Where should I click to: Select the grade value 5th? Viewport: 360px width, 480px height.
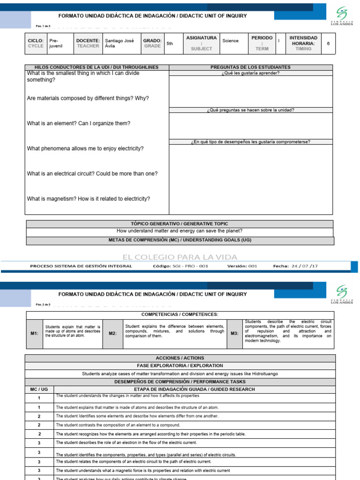pyautogui.click(x=170, y=44)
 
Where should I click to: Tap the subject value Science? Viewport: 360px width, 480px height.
pyautogui.click(x=230, y=41)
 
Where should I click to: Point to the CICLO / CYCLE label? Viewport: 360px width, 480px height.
pyautogui.click(x=36, y=43)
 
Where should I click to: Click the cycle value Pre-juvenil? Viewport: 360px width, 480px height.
pyautogui.click(x=56, y=44)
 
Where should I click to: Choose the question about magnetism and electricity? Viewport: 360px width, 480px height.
pyautogui.click(x=89, y=199)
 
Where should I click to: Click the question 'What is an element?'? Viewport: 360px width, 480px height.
pyautogui.click(x=79, y=123)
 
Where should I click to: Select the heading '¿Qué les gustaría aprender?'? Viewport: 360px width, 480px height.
pyautogui.click(x=250, y=73)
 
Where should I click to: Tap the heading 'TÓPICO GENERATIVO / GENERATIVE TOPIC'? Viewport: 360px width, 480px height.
pyautogui.click(x=180, y=224)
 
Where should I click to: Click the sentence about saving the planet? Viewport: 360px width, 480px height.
pyautogui.click(x=180, y=231)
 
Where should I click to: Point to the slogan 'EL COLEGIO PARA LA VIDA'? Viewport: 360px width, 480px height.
pyautogui.click(x=180, y=257)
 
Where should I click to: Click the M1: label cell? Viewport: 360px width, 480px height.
pyautogui.click(x=34, y=333)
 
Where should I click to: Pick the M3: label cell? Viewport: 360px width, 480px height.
pyautogui.click(x=234, y=333)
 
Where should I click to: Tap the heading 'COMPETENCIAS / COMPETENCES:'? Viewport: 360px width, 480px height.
pyautogui.click(x=180, y=314)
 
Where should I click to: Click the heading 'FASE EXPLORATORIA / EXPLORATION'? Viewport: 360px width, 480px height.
pyautogui.click(x=180, y=366)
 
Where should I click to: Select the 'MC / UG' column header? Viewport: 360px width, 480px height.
pyautogui.click(x=39, y=390)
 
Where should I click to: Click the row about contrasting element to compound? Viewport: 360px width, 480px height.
pyautogui.click(x=118, y=425)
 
